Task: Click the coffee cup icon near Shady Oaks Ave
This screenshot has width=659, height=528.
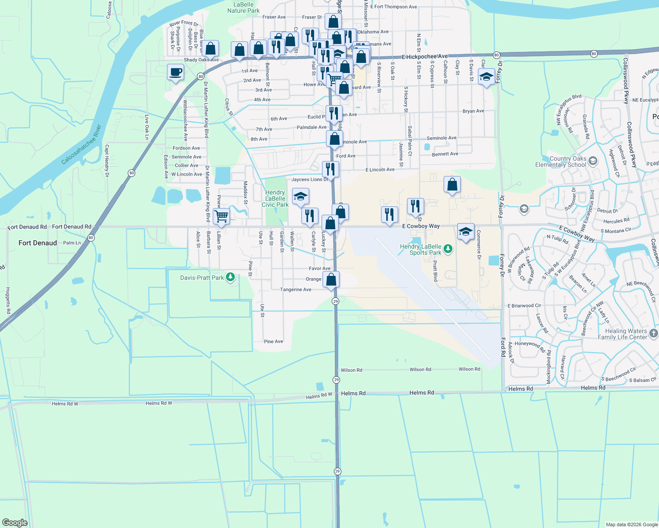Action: tap(175, 72)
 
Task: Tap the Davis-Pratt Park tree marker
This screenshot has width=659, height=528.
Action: tap(230, 277)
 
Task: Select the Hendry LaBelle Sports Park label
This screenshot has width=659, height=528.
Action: tap(420, 249)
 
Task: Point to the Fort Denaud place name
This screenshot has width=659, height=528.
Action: tap(37, 243)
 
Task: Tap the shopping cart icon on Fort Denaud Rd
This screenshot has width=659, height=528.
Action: tap(221, 216)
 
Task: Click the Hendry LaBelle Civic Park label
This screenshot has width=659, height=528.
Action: tap(275, 198)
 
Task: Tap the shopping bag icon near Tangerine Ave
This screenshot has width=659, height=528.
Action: tap(331, 279)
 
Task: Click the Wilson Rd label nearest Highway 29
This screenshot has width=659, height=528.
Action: tap(351, 370)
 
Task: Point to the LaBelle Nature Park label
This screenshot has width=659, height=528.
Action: tap(243, 7)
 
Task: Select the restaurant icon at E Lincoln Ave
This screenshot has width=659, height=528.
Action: tap(330, 169)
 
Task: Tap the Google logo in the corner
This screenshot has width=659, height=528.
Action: tap(15, 522)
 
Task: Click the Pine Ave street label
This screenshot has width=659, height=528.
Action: tap(273, 341)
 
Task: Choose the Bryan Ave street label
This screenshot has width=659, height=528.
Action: tap(473, 111)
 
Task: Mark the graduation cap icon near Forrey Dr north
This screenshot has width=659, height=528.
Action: tap(486, 77)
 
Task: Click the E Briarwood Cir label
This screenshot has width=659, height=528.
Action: tap(524, 306)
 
